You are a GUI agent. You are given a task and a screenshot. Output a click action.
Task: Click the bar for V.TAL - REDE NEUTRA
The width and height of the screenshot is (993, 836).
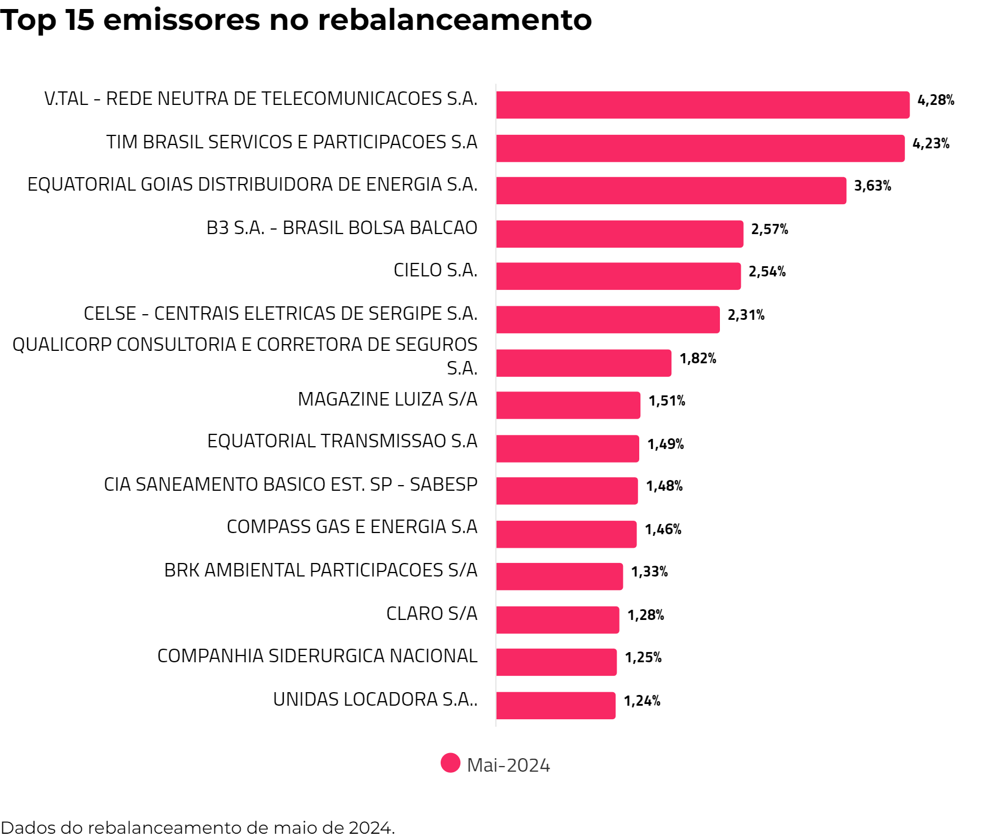tap(702, 105)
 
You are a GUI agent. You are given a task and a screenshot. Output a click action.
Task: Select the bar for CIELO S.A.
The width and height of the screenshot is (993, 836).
tap(618, 276)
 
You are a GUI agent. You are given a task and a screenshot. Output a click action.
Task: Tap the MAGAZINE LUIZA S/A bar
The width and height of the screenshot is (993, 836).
tap(568, 405)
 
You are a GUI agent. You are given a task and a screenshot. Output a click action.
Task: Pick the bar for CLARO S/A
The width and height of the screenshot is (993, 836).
tap(557, 620)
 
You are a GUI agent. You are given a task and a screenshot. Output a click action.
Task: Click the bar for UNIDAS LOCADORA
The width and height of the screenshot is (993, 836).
tap(556, 706)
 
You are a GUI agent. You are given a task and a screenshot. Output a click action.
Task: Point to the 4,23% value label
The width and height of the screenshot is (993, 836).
tap(930, 144)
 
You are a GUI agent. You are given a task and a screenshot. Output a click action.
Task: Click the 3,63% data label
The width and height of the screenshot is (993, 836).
tap(872, 186)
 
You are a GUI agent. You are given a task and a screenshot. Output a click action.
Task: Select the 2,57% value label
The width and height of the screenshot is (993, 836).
tap(769, 230)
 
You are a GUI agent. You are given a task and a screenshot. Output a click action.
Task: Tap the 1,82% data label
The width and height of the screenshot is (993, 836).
tap(697, 359)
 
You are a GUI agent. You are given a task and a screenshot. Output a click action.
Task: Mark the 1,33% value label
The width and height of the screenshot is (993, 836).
tap(649, 572)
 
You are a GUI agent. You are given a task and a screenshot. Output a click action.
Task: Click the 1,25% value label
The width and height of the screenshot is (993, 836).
tap(643, 658)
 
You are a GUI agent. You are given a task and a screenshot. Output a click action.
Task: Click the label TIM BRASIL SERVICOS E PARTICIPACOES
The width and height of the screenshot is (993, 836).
tap(292, 142)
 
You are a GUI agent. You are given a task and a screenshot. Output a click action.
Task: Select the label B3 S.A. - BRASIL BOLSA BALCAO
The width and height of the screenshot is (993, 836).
tap(342, 228)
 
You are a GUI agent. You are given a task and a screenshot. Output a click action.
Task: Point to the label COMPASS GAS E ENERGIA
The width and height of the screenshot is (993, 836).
tap(352, 527)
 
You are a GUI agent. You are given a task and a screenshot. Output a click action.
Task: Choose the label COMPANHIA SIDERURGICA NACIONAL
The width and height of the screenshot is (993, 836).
tap(317, 656)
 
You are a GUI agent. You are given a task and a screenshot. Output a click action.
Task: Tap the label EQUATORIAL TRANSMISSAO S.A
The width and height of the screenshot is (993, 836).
tap(342, 441)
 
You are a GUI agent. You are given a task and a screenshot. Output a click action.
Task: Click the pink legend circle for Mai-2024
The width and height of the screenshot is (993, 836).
tap(450, 763)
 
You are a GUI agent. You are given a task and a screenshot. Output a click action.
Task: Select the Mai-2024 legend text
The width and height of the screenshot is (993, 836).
tap(508, 765)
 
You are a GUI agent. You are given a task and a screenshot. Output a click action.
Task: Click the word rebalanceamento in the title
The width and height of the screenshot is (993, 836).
tap(455, 20)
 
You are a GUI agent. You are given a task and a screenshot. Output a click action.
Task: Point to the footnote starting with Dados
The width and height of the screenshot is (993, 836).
tap(197, 828)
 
